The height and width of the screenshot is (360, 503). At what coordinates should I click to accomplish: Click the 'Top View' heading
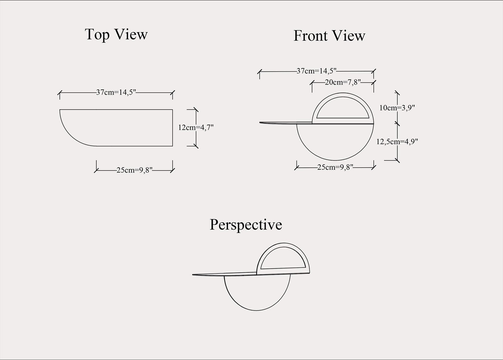pos(116,34)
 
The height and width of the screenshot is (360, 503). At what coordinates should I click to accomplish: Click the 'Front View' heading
pos(329,36)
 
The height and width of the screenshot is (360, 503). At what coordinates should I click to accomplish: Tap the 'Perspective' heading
pos(245,225)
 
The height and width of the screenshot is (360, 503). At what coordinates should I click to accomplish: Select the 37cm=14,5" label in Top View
pos(116,93)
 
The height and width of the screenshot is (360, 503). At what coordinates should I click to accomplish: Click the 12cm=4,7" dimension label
pos(196,128)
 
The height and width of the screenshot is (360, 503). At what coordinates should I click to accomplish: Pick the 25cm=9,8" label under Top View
pos(134,170)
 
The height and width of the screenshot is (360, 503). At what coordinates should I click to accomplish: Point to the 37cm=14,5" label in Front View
pos(316,71)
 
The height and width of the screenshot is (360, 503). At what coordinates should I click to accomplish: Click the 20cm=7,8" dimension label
pos(343,82)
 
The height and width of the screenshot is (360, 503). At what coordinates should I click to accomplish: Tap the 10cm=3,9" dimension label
pos(397,108)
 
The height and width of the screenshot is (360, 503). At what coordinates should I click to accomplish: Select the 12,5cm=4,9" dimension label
pos(397,142)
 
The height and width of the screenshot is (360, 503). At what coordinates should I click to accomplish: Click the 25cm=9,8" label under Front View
pos(335,167)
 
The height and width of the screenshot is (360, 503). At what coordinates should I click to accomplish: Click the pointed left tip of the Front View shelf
pos(261,123)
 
